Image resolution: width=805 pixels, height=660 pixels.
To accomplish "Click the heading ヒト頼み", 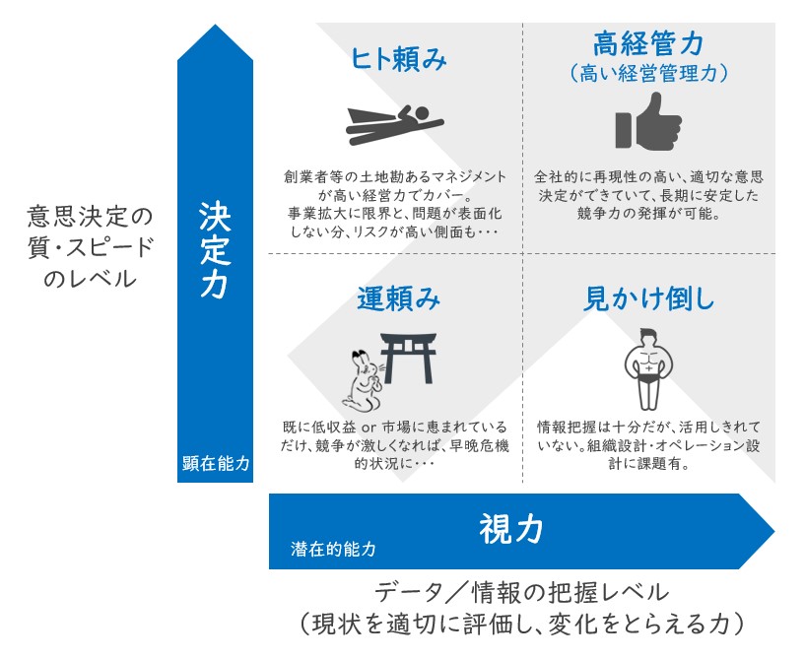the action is coord(398,58).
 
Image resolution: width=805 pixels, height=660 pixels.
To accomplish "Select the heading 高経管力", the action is coord(648,42).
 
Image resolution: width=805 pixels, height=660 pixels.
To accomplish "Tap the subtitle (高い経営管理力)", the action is coord(648,73).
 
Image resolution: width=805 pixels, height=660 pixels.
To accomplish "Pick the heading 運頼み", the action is coord(399,298).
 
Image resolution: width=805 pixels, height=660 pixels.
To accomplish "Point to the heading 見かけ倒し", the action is coord(648,298).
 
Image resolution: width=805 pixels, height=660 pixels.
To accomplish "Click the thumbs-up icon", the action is coord(648,121).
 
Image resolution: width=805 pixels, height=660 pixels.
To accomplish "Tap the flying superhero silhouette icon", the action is coord(394,125).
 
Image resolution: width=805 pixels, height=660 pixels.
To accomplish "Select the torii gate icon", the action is coord(408,359).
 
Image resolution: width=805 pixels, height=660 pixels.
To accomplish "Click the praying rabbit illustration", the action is coord(364,381).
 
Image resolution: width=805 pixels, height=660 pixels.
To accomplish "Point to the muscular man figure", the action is coord(648,369).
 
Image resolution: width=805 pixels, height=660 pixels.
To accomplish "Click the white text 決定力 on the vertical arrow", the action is coord(215,249).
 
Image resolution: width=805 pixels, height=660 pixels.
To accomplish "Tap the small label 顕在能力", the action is coord(216,463).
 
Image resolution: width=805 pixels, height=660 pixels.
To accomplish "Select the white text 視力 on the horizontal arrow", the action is coord(510,529).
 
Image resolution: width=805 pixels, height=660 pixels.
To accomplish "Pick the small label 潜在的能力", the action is coord(333,549).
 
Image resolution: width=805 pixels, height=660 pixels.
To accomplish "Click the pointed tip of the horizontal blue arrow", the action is coord(774,531).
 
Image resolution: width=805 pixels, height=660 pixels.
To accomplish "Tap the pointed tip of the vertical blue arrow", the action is coord(215,25).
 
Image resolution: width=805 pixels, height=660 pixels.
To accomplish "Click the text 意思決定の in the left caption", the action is coord(91,217).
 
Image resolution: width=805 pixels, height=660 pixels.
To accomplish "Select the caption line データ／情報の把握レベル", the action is coord(521,593).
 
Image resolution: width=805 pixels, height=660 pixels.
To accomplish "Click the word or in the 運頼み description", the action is coord(369,427).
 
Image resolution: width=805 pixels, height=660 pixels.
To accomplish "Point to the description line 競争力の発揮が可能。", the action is coord(648,213).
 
